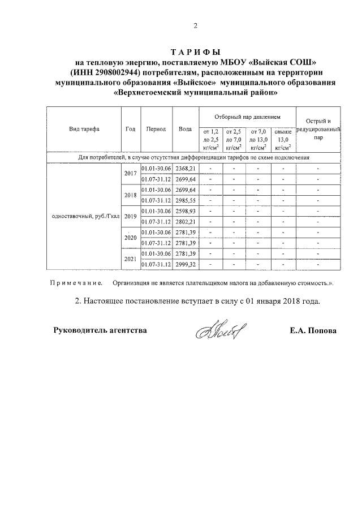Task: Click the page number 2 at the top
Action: click(196, 25)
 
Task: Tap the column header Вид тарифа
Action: click(84, 129)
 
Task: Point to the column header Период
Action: click(156, 129)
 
